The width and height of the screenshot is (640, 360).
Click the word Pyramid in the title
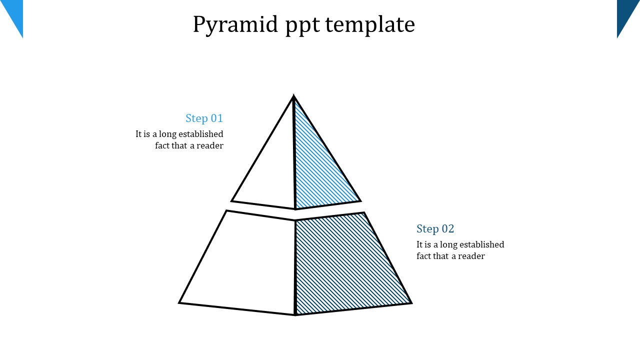[x=235, y=25]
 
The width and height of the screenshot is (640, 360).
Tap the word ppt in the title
[x=302, y=26]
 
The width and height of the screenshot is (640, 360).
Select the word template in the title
[x=370, y=25]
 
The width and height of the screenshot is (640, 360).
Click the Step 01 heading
[x=204, y=118]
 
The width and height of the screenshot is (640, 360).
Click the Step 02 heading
[x=435, y=229]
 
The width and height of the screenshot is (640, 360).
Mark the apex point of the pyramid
[x=293, y=95]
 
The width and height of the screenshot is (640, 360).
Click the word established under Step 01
[x=201, y=134]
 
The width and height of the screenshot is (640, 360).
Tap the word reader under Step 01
[x=210, y=145]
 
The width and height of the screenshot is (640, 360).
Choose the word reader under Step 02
[x=471, y=256]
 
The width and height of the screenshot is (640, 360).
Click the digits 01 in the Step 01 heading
[x=217, y=118]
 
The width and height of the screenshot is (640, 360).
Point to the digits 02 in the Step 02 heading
[x=447, y=229]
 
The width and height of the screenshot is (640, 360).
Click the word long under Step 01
[x=167, y=134]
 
